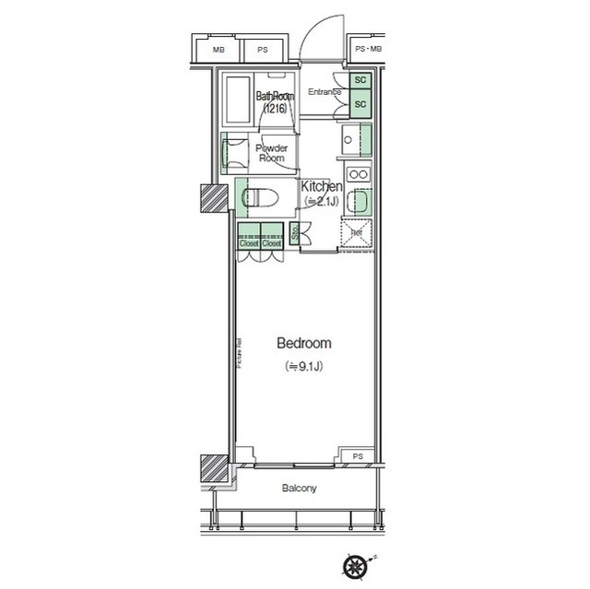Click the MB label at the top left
coord(218,50)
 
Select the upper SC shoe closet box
coord(360,81)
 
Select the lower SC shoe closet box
coord(360,104)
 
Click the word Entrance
coord(324,91)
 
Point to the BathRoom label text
coord(274,96)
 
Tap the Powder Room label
coord(272,153)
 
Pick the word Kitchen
coord(323,186)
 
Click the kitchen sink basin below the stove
coord(360,203)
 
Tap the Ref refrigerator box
coord(356,232)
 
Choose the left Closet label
coord(248,243)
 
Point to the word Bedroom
coord(304,343)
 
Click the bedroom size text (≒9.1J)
coord(304,366)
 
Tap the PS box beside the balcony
coord(357,455)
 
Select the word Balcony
coord(299,488)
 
